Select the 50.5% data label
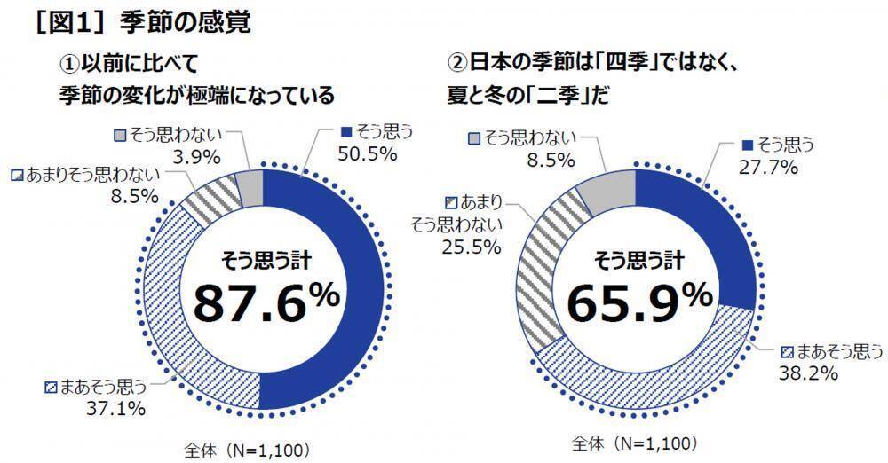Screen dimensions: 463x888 pos(361,153)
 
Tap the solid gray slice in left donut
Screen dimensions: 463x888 pos(251,188)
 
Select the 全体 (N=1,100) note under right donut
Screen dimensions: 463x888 pos(634,443)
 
